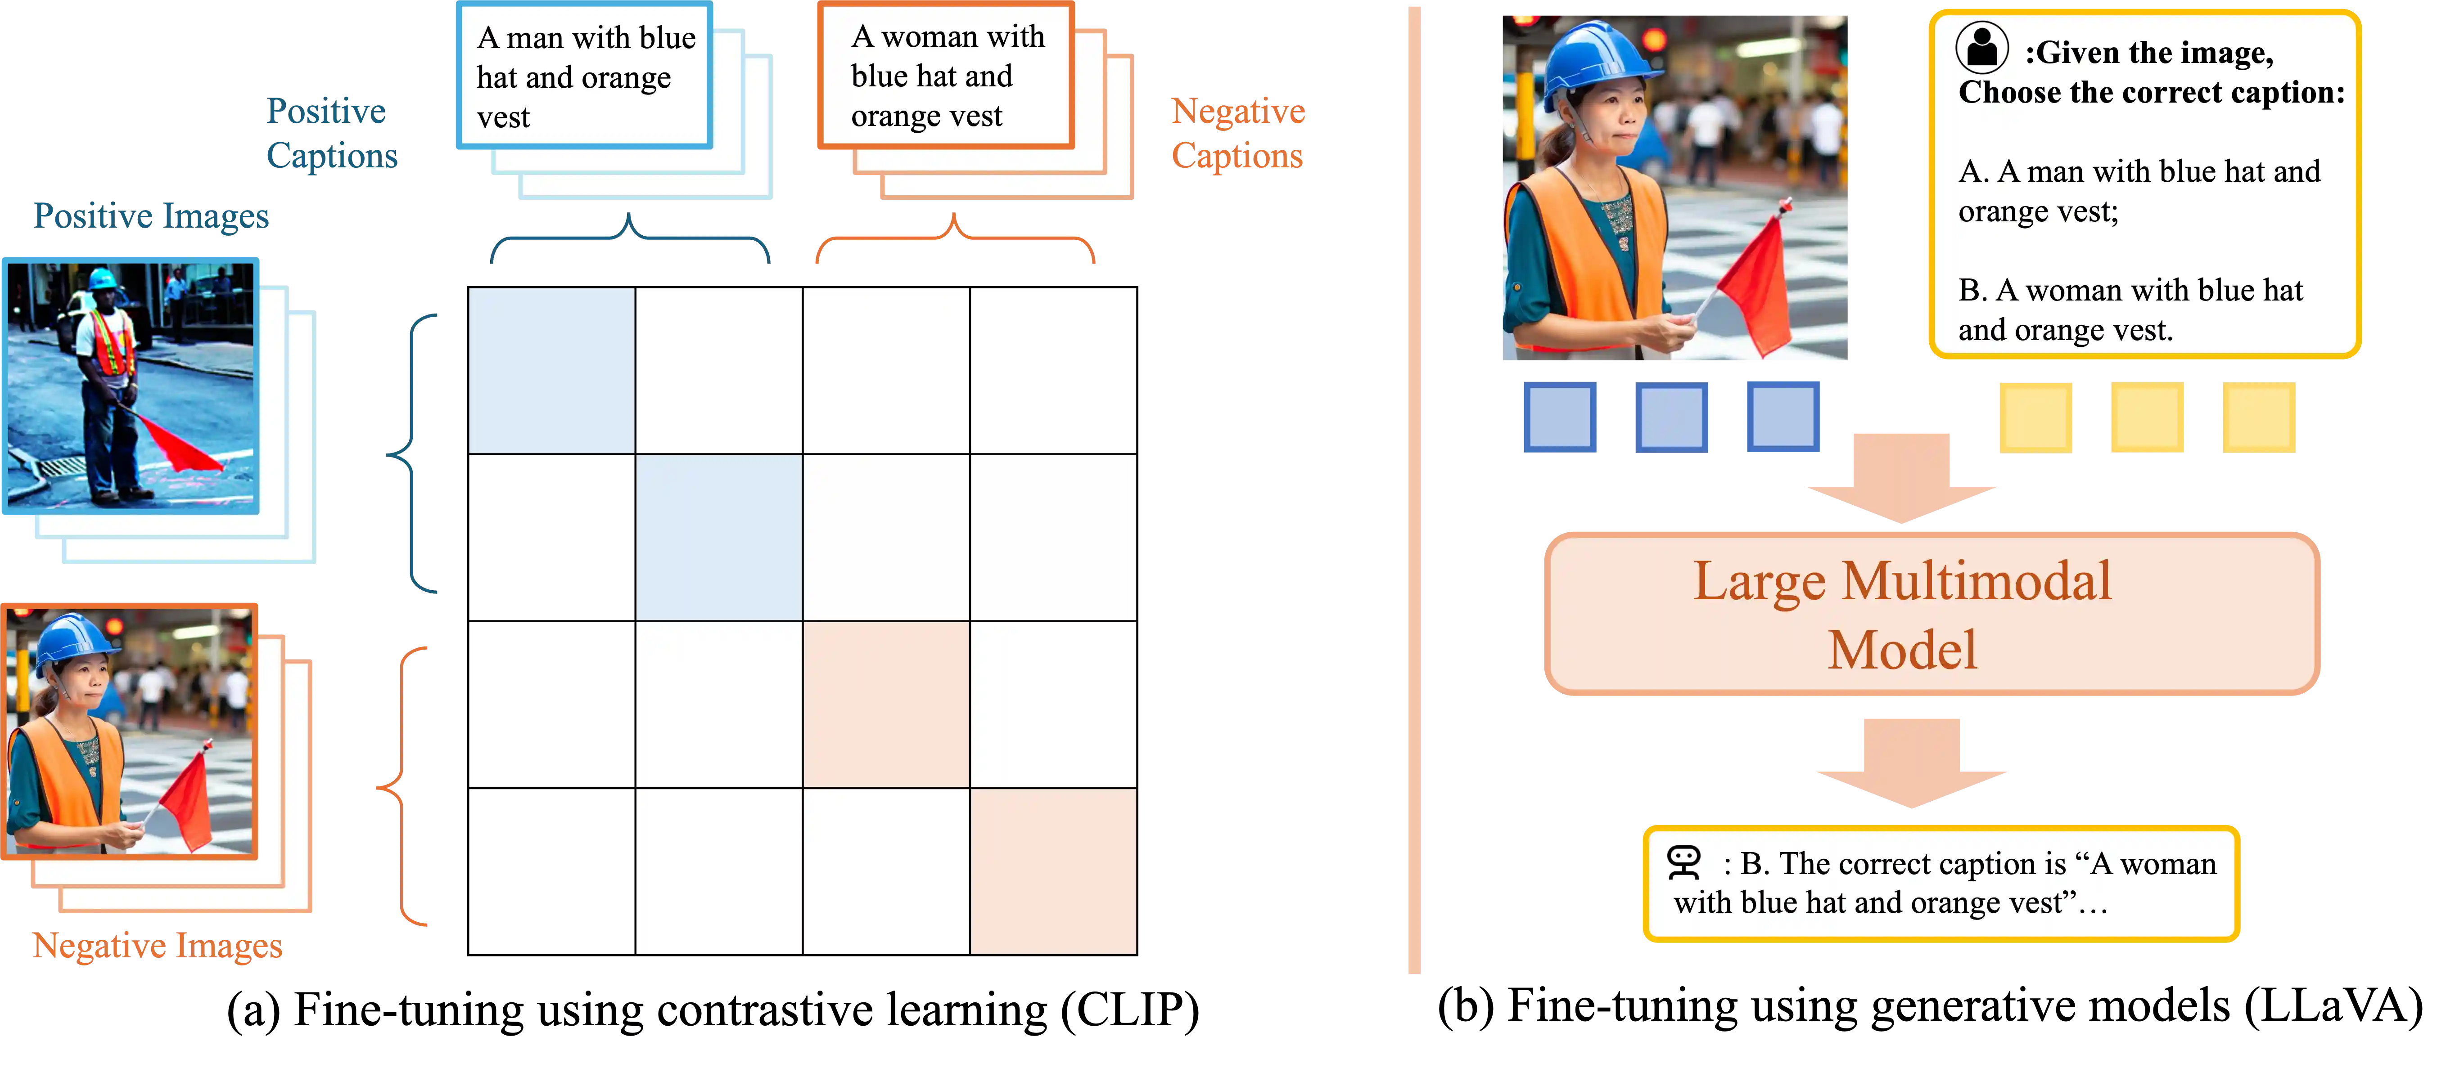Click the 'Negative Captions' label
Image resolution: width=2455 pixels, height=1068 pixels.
(1237, 133)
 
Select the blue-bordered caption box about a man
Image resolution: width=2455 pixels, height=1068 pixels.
(584, 76)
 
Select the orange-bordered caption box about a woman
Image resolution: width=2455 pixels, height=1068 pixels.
(945, 76)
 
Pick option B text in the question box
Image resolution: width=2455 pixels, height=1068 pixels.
(2130, 310)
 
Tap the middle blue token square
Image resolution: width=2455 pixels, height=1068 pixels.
(1672, 416)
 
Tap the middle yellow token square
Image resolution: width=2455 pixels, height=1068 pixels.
(2147, 416)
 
